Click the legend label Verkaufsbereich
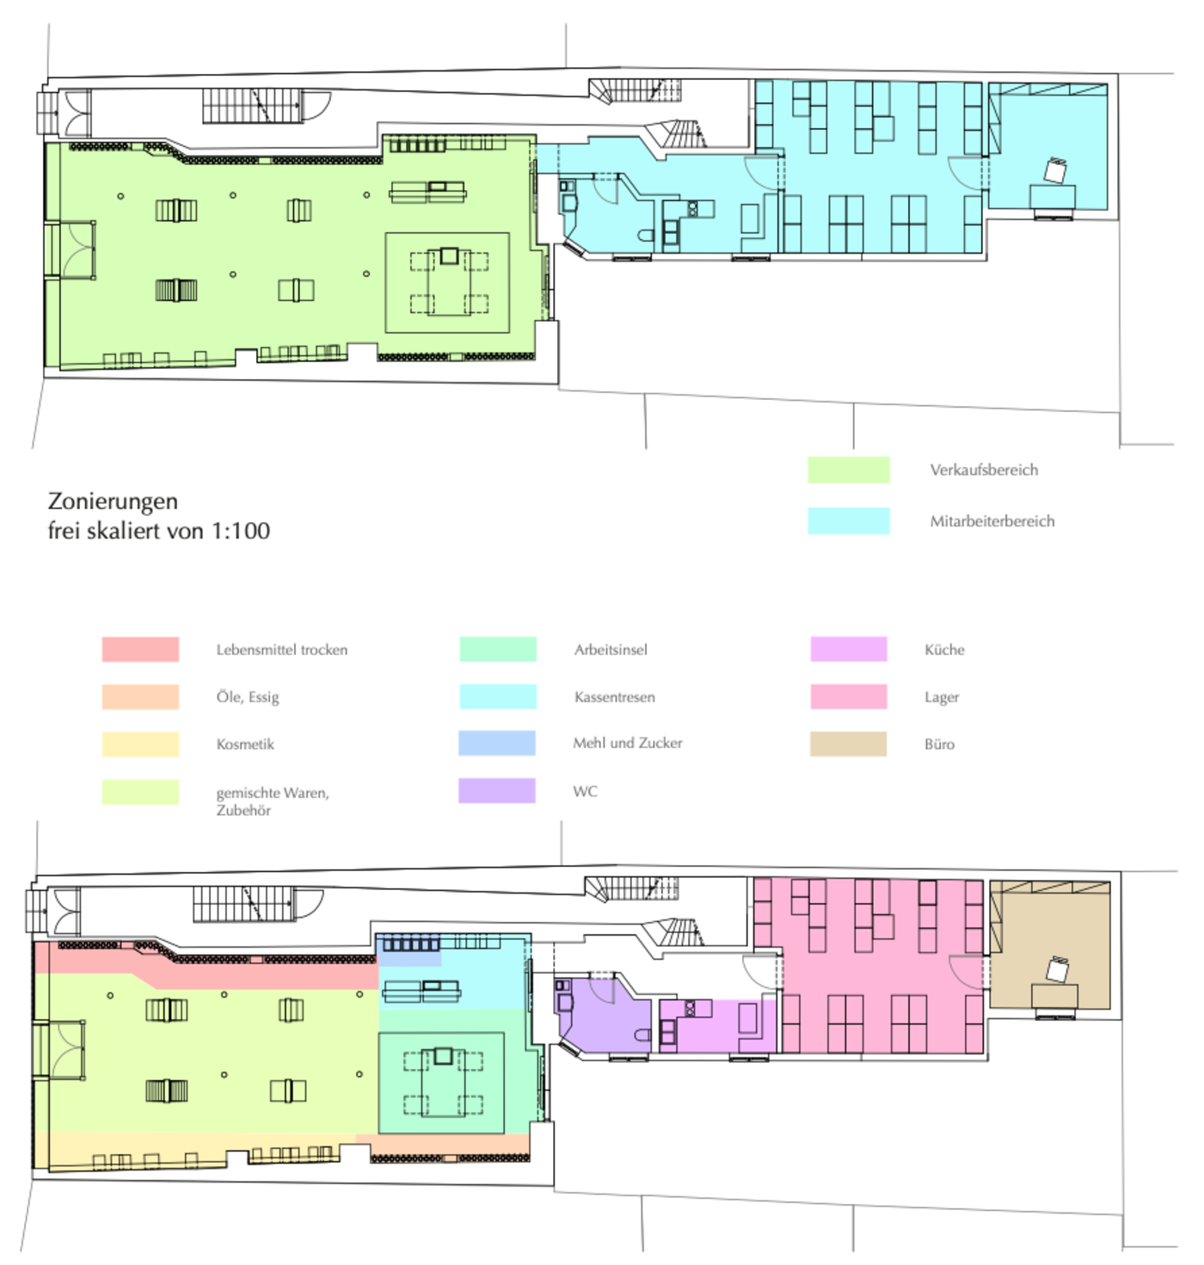click(983, 470)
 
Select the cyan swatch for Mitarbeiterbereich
click(848, 520)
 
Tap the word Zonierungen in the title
click(113, 501)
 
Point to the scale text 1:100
click(241, 531)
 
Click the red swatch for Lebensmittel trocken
click(140, 649)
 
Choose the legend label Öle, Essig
click(248, 697)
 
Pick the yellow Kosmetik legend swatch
click(140, 745)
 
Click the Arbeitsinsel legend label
click(610, 650)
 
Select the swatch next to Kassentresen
click(497, 697)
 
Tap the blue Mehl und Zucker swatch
click(496, 743)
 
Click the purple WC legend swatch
click(496, 791)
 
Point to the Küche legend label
click(944, 650)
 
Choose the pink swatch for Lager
click(848, 697)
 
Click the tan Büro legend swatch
click(847, 744)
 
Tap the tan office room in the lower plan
click(1049, 946)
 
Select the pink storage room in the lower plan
click(875, 965)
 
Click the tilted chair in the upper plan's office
click(1054, 170)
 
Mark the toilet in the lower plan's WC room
click(643, 1035)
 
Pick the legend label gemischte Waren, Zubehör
click(273, 801)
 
